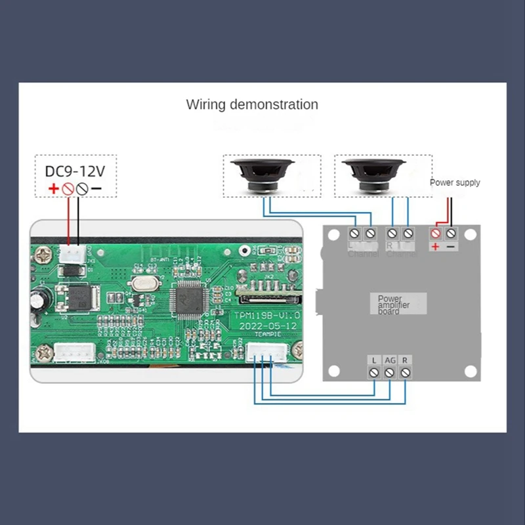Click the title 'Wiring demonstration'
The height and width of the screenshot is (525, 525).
tap(252, 104)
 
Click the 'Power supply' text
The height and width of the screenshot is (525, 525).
tap(455, 182)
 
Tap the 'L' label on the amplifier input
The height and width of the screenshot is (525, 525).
tap(373, 360)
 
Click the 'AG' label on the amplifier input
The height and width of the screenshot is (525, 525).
tap(390, 360)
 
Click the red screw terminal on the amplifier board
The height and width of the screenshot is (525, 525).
tap(435, 233)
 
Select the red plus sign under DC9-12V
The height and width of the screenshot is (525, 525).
tap(52, 190)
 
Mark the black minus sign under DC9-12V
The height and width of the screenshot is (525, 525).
tap(96, 190)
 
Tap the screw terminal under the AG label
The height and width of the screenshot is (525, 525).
tap(390, 373)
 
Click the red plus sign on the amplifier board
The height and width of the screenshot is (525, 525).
tap(435, 247)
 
